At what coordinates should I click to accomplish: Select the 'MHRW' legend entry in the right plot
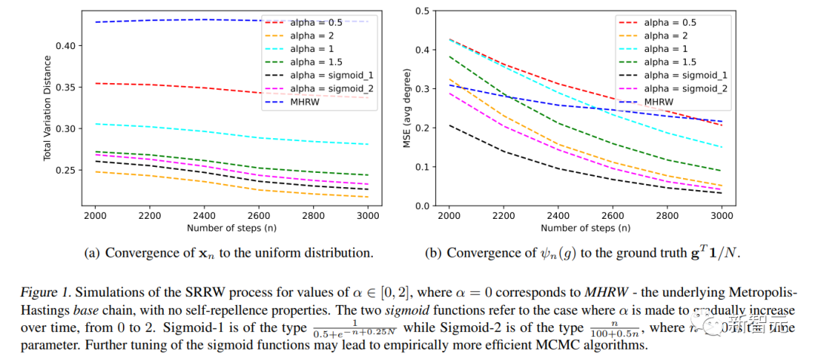tap(658, 102)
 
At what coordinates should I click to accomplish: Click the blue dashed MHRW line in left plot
tap(151, 21)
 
